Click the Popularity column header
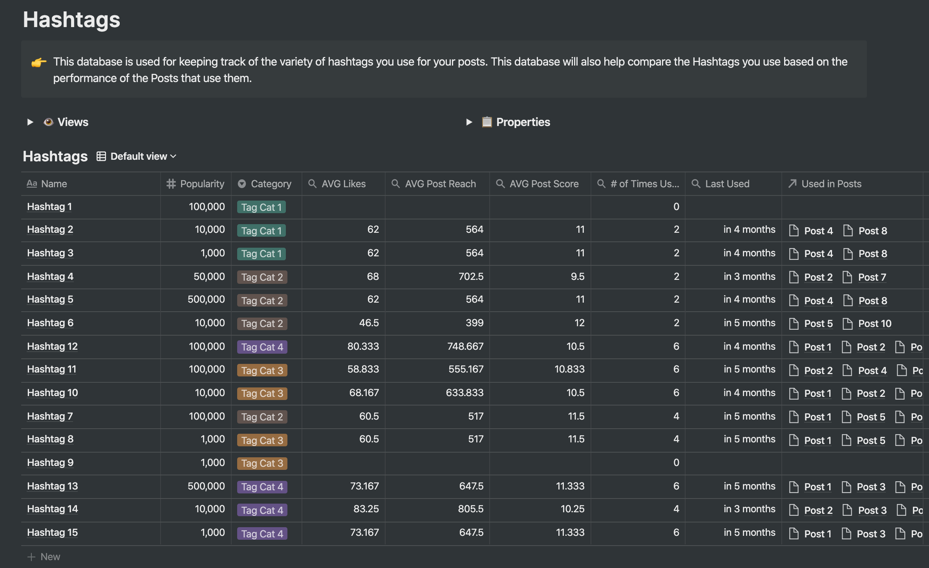(x=201, y=184)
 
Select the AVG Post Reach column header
(x=440, y=184)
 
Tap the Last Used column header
(x=727, y=184)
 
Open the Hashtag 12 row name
(x=52, y=346)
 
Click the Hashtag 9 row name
(x=50, y=462)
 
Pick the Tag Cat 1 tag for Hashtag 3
(x=261, y=254)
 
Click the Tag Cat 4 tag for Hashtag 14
(x=262, y=510)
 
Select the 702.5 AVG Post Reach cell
(x=471, y=276)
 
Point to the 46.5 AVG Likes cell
(x=369, y=323)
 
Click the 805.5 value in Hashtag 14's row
(x=470, y=509)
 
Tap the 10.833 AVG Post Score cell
(x=569, y=369)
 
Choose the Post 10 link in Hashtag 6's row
(x=874, y=323)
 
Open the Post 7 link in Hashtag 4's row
(x=872, y=277)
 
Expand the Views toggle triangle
(x=30, y=122)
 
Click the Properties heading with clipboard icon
(x=523, y=122)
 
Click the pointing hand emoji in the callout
(x=39, y=62)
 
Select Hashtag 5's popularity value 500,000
(x=206, y=299)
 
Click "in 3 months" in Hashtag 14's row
(x=749, y=509)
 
